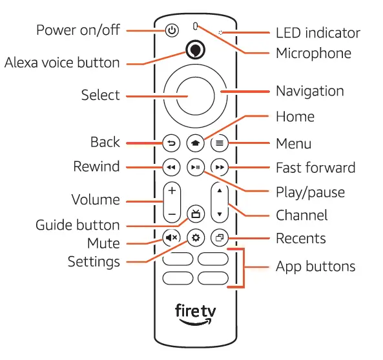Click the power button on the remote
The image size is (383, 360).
pyautogui.click(x=171, y=30)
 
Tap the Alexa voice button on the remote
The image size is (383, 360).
pyautogui.click(x=194, y=50)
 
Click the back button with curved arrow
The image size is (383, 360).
pyautogui.click(x=171, y=143)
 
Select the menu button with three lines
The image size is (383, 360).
pyautogui.click(x=220, y=143)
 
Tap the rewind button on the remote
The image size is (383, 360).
pyautogui.click(x=171, y=168)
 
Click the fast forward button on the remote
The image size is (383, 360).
pyautogui.click(x=220, y=168)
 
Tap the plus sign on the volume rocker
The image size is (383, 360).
pyautogui.click(x=171, y=191)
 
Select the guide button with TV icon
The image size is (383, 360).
pyautogui.click(x=195, y=214)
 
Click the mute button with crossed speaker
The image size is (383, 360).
pyautogui.click(x=171, y=238)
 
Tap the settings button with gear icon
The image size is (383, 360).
pyautogui.click(x=195, y=238)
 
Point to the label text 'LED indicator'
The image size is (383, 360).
pyautogui.click(x=318, y=32)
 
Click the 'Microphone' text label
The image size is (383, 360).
pyautogui.click(x=313, y=53)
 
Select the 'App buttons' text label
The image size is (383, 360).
pyautogui.click(x=315, y=266)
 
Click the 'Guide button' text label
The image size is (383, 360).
pyautogui.click(x=78, y=225)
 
